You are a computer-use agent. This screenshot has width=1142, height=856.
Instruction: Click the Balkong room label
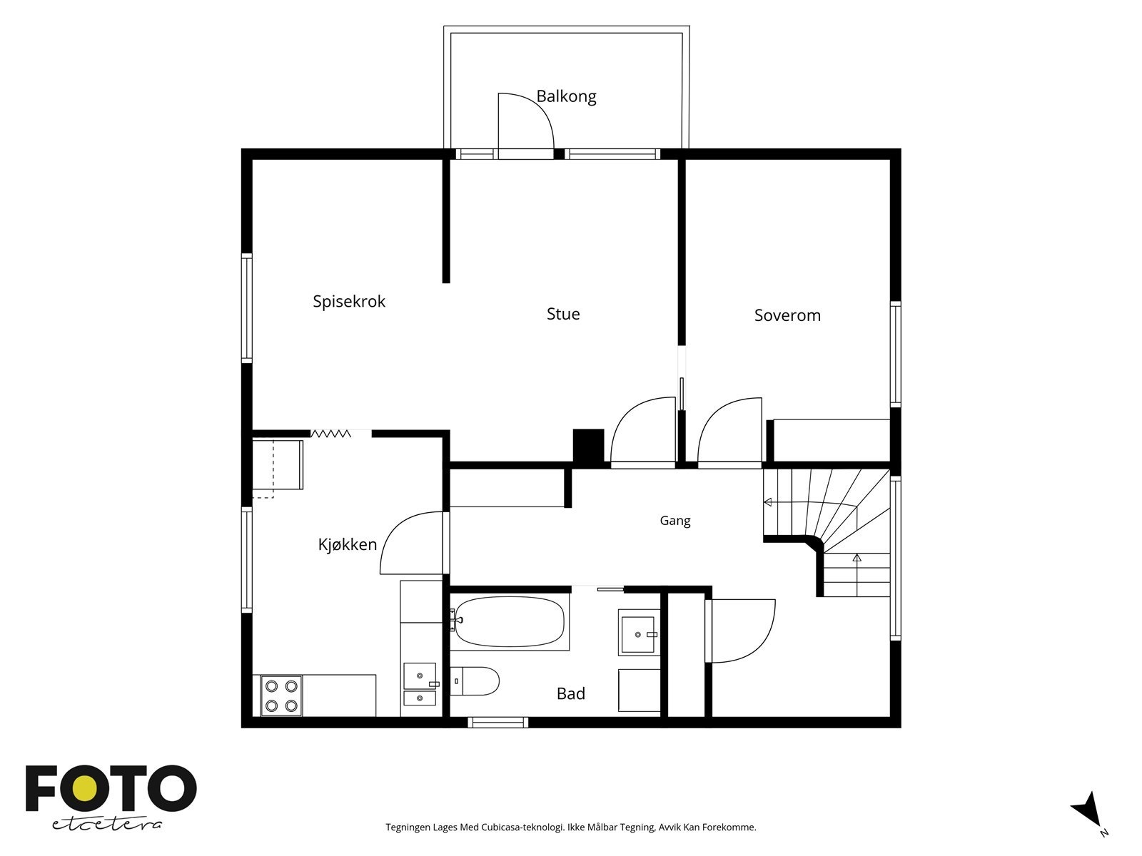[x=566, y=97]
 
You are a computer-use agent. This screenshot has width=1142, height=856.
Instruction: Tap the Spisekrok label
[x=349, y=302]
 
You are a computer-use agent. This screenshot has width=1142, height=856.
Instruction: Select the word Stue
[x=563, y=314]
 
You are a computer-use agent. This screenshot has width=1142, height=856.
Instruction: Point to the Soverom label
[x=787, y=315]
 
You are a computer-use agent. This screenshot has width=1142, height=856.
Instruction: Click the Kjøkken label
[x=347, y=545]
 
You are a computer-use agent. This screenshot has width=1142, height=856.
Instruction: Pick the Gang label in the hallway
[x=674, y=521]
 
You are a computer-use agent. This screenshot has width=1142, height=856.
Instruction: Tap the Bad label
[x=571, y=694]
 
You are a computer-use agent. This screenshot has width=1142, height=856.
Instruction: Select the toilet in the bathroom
[x=475, y=681]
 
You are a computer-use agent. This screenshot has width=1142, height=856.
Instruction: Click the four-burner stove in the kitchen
[x=281, y=696]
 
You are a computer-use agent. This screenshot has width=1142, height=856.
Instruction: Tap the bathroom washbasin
[x=638, y=635]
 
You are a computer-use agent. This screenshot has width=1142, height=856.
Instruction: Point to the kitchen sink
[x=420, y=683]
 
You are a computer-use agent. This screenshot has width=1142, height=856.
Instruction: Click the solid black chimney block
[x=588, y=447]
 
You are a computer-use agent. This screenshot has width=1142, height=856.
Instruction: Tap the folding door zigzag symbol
[x=331, y=434]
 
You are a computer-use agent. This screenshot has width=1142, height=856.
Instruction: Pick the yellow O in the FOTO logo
[x=84, y=789]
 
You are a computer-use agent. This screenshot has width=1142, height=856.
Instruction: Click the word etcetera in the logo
[x=106, y=825]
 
